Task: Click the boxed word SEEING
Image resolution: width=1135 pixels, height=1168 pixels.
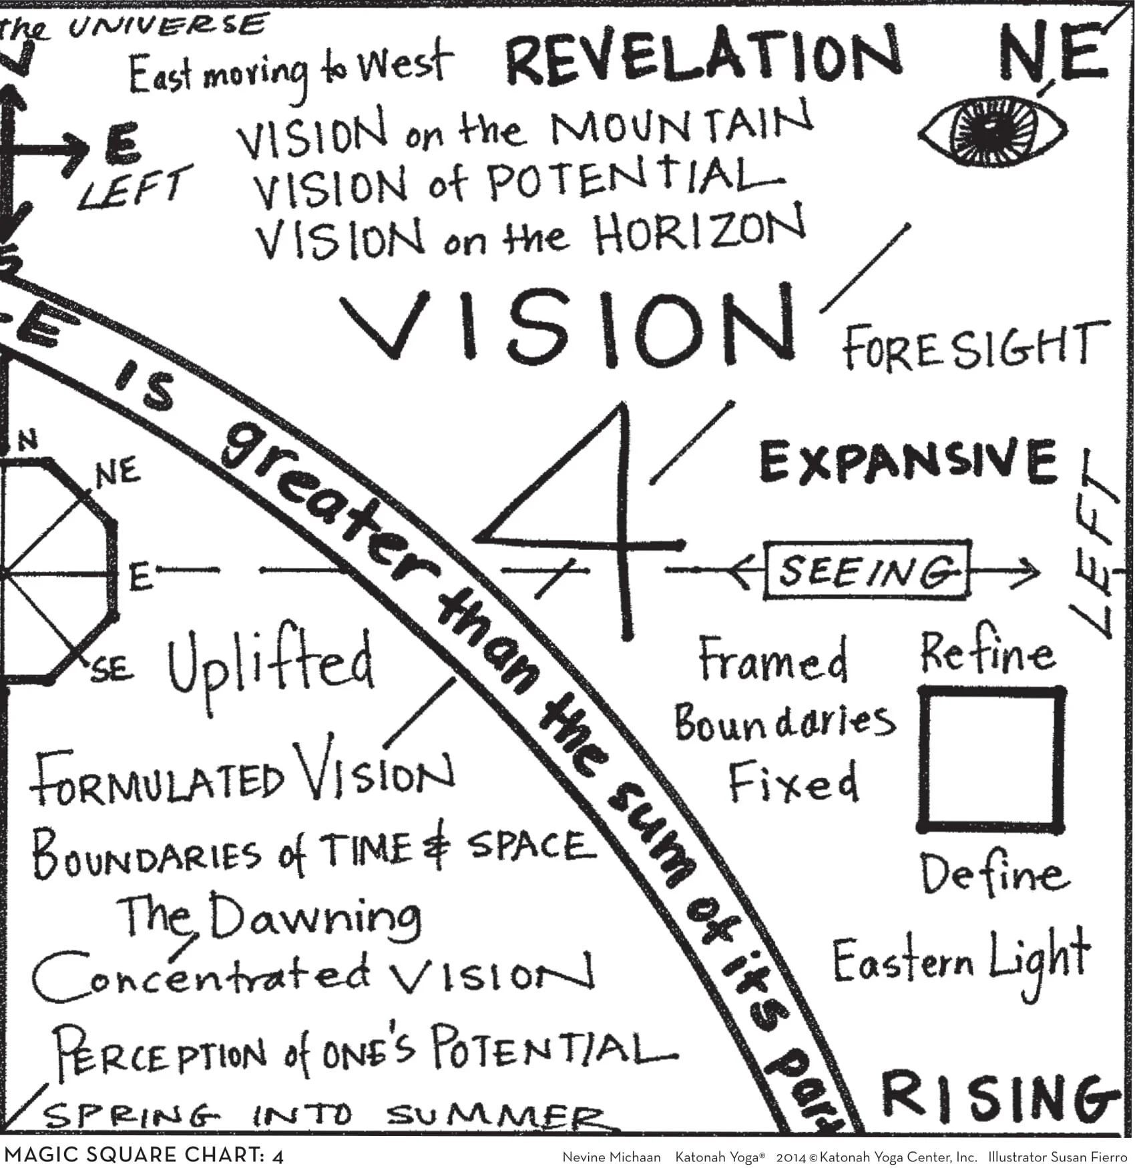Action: pos(867,571)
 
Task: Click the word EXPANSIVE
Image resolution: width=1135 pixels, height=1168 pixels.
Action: pos(908,461)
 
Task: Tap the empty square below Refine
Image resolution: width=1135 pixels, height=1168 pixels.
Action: pos(991,760)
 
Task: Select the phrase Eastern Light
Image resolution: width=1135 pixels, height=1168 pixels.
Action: pos(961,961)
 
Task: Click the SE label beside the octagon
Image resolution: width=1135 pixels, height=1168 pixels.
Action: pos(111,668)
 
